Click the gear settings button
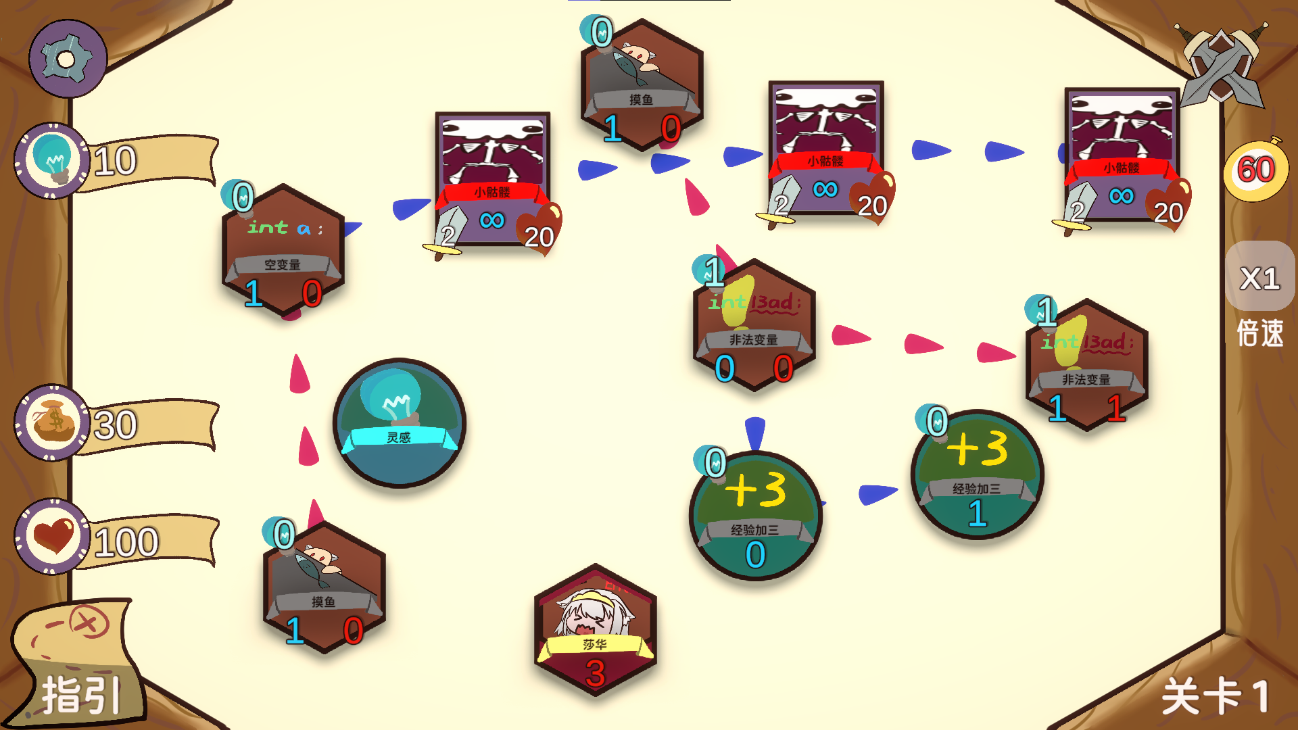coord(67,59)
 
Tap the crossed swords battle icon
coord(1222,64)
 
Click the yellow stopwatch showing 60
coord(1255,170)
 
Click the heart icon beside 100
coord(53,537)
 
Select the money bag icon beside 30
coord(53,423)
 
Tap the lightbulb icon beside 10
coord(53,161)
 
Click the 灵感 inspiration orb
coord(400,423)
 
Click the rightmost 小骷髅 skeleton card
coord(1122,155)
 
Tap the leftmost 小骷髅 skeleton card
coord(493,179)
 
